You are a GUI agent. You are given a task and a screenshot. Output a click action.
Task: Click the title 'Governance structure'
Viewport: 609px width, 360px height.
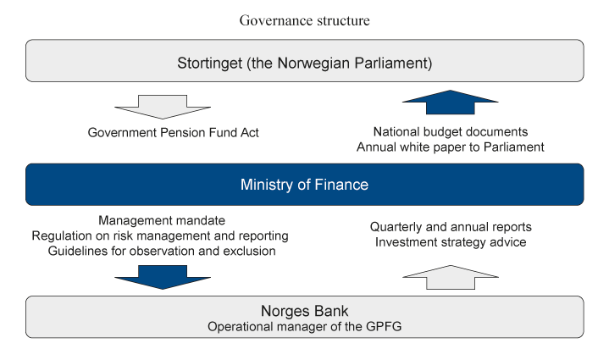coord(304,20)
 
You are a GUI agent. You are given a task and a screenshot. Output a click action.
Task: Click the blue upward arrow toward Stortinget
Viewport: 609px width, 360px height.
coord(450,105)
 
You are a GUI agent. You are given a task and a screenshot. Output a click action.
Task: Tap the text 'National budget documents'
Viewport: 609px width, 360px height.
coord(450,132)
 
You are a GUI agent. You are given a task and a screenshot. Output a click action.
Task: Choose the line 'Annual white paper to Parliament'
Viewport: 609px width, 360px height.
coord(450,147)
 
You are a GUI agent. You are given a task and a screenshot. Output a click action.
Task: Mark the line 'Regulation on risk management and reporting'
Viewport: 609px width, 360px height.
coord(161,235)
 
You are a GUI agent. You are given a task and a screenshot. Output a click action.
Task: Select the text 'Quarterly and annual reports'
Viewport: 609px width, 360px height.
coord(450,227)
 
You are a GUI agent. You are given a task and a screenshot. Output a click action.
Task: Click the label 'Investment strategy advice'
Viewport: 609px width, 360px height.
coord(450,241)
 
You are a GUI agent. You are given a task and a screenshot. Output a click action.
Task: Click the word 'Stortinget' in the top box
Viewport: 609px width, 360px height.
coord(212,63)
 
